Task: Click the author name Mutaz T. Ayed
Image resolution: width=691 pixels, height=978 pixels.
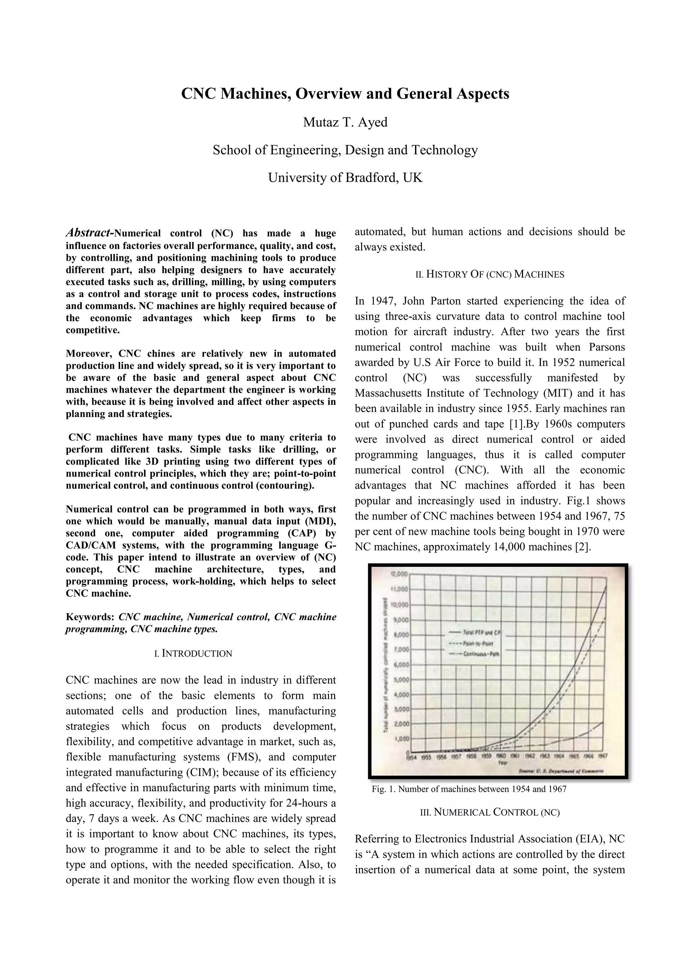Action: (345, 122)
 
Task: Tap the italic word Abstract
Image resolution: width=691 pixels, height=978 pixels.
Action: (87, 233)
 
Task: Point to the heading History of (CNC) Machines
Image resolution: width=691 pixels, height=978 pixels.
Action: (490, 274)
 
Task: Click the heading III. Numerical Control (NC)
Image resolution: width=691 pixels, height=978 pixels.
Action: (490, 812)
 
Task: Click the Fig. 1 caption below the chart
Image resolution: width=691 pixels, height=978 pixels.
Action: (469, 789)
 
